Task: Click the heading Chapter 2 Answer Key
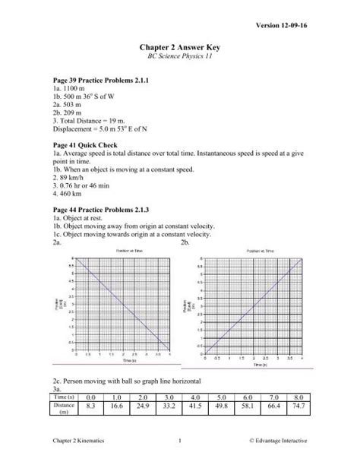(179, 47)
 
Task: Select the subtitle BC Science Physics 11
(179, 59)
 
